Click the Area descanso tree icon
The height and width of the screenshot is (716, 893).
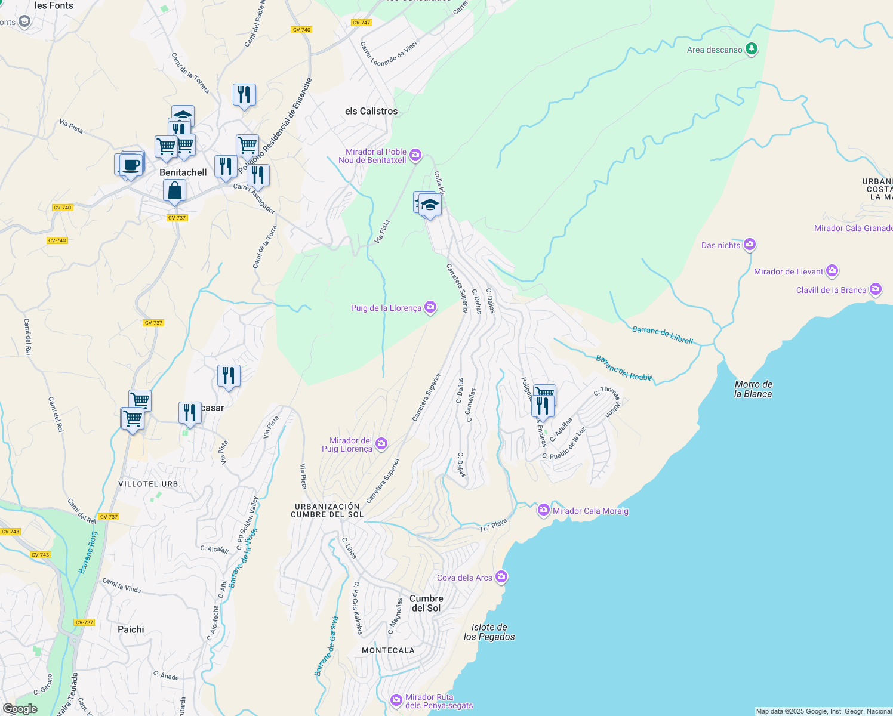pos(752,49)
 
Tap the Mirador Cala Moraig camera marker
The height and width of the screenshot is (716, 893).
pos(543,510)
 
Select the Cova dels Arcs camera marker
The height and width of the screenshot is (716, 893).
pos(501,576)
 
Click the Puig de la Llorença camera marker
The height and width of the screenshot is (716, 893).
pos(430,307)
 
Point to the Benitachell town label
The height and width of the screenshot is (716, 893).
pos(183,172)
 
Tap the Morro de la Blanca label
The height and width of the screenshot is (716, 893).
pos(753,389)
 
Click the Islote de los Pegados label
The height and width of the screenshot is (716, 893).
pos(489,632)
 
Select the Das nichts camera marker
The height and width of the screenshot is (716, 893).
pos(750,245)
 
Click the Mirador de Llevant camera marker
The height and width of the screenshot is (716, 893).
pos(832,271)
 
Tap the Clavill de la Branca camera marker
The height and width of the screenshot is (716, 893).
pos(876,289)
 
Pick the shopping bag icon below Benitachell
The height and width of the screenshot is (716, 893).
pos(174,191)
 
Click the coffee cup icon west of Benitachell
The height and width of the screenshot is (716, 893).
pos(131,165)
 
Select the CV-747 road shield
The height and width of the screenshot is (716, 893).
pos(361,23)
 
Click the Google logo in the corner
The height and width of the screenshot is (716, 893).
pos(20,709)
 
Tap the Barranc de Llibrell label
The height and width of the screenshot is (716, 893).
pos(663,335)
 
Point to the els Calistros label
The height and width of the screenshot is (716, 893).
pos(371,111)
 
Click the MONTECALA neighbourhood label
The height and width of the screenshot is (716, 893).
pos(388,650)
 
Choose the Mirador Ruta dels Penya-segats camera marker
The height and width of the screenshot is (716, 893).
pos(396,700)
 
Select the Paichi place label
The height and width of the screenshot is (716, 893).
pos(131,629)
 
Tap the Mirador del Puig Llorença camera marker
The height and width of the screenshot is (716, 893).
pos(381,444)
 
